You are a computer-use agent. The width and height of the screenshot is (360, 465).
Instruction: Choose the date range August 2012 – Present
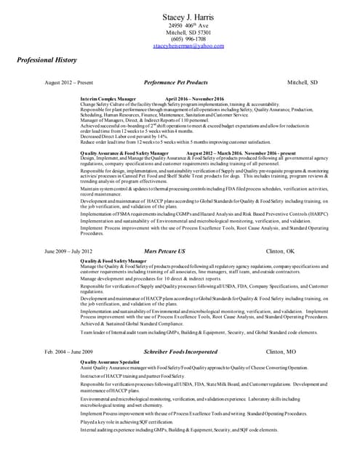70,84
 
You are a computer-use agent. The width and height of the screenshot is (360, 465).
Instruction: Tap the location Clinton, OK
280,251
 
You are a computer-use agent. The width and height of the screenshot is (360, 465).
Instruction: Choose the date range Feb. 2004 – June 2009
69,351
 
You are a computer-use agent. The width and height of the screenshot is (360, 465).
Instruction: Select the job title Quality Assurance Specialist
110,361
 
